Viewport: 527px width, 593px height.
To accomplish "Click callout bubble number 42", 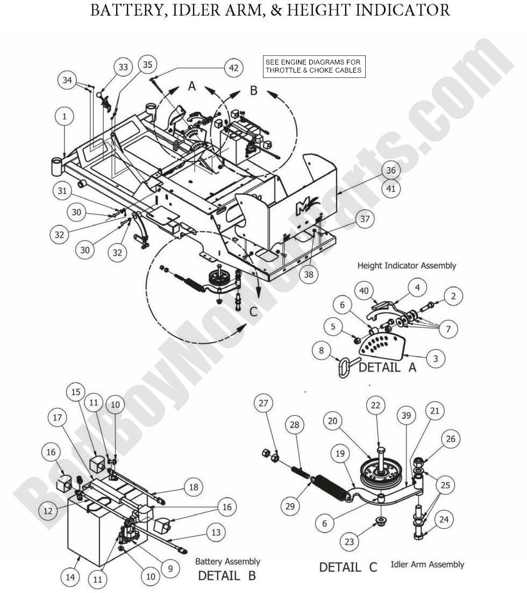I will click(233, 68).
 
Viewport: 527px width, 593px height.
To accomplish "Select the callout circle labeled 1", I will click(65, 116).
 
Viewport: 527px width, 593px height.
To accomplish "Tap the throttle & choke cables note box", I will click(314, 66).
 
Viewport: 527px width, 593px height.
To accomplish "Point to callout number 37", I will click(365, 219).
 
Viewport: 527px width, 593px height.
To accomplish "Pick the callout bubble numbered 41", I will click(390, 188).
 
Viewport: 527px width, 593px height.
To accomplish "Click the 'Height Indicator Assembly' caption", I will click(407, 266).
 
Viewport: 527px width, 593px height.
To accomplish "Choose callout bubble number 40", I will click(365, 291).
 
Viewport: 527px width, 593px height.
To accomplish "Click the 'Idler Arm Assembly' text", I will click(428, 565).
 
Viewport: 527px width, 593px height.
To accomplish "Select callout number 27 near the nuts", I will click(265, 403).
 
